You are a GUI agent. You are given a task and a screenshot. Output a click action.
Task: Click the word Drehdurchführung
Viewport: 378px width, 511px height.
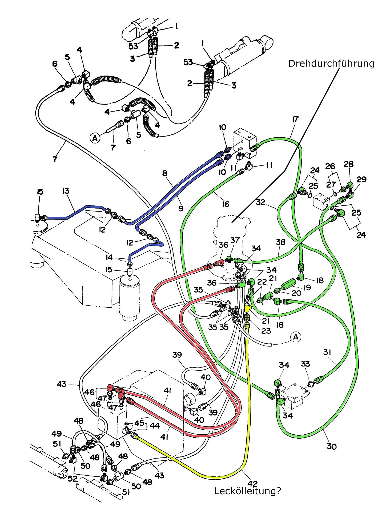[331, 63]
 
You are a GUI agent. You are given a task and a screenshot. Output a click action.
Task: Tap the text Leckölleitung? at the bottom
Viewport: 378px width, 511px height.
[248, 491]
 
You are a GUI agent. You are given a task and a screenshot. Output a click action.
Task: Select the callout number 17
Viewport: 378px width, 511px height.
[295, 120]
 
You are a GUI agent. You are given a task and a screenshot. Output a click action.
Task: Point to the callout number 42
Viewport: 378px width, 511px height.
[252, 483]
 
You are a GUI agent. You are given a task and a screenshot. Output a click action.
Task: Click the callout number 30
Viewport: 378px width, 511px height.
[332, 447]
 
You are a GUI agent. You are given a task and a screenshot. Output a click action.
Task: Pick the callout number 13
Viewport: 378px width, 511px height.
[66, 191]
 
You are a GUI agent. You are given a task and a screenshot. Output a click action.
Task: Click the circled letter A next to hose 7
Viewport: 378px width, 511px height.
[95, 138]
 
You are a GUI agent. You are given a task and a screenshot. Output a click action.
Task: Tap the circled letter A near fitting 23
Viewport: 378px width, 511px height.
[296, 337]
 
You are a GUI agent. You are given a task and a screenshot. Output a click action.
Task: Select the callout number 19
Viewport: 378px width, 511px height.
[307, 287]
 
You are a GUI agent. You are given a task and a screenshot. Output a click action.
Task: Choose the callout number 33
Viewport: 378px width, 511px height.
[305, 364]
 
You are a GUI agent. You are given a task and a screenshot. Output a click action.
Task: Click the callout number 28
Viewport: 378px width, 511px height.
[349, 164]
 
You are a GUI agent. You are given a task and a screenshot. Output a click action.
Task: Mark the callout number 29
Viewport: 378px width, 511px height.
[361, 179]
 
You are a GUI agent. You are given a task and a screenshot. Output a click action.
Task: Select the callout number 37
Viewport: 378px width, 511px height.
[235, 240]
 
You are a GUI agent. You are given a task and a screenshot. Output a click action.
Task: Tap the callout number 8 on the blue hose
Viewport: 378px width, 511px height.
[165, 174]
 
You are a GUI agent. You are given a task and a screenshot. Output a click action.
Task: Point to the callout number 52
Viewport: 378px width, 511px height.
[72, 479]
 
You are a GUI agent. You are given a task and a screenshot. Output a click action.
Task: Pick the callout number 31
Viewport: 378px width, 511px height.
[327, 352]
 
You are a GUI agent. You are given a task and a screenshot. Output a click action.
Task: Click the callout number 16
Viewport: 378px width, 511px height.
[226, 204]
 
